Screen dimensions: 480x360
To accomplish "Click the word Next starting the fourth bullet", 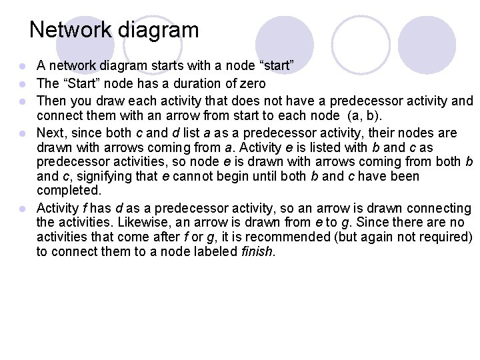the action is (51, 131).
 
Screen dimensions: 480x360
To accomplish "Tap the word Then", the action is (51, 101).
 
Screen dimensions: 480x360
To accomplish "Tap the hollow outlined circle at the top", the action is (360, 44).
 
